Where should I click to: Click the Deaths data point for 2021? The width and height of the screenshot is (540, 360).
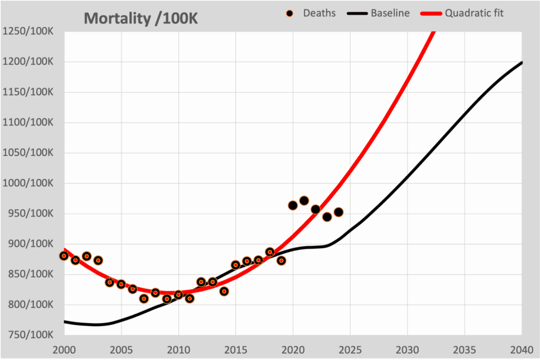[x=304, y=200]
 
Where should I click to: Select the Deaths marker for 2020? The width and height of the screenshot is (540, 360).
[x=293, y=205]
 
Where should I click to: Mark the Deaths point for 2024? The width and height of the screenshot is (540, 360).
[x=339, y=212]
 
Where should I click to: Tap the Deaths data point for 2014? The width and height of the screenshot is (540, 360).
[x=224, y=291]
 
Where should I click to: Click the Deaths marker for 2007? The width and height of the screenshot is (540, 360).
[x=144, y=298]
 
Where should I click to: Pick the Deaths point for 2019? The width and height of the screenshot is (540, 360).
[x=282, y=260]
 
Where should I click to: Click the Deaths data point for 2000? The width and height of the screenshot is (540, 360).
[x=64, y=256]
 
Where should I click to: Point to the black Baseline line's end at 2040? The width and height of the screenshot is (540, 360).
[x=522, y=62]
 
